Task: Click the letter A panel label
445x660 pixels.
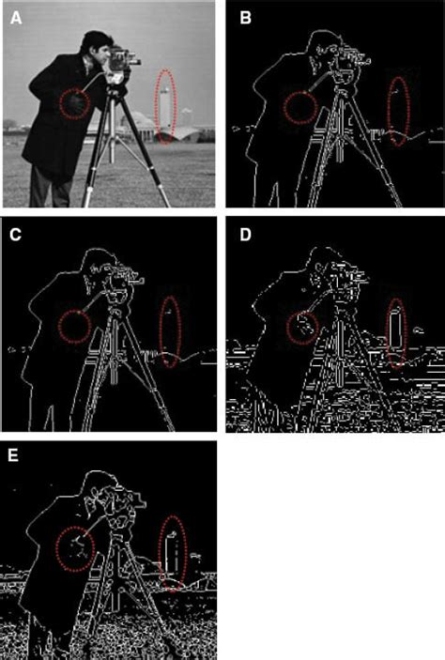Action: tap(16, 18)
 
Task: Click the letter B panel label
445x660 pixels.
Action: tap(245, 18)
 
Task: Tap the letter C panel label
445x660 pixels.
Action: tap(16, 235)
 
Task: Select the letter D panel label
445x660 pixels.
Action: tap(245, 235)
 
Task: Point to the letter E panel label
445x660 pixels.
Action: tap(13, 455)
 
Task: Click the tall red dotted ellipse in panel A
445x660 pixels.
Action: tap(155, 106)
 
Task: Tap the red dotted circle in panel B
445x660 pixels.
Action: tap(284, 108)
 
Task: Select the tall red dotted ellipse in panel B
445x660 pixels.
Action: tap(388, 112)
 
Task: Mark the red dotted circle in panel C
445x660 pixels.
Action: tap(59, 326)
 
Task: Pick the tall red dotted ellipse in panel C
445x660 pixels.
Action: tap(161, 331)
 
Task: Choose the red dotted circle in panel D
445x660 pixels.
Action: tap(287, 329)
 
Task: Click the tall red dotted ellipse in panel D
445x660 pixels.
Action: tap(388, 332)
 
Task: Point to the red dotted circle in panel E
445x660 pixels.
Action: tap(57, 548)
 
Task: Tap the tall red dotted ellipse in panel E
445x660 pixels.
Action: tap(160, 554)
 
